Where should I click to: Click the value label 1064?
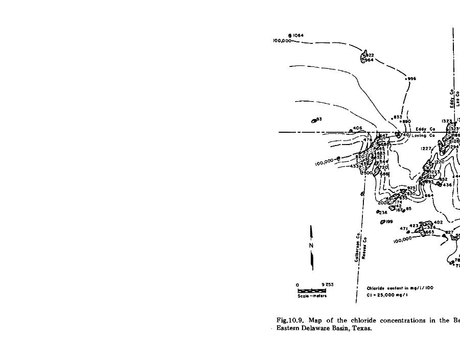(298, 35)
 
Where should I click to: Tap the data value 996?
(412, 79)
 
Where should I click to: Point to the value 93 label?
(319, 119)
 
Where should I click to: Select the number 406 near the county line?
(357, 129)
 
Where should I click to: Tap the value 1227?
(427, 149)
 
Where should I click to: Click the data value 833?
(398, 117)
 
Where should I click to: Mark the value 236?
(383, 212)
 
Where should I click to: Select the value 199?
(389, 222)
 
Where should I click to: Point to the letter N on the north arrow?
(310, 246)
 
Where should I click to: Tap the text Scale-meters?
(312, 296)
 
